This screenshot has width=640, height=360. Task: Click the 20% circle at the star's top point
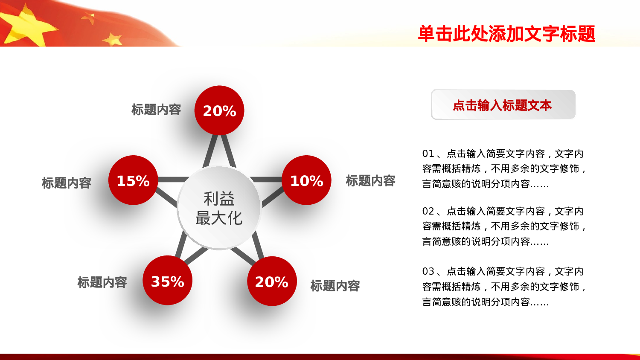219,110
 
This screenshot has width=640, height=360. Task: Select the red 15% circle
133,180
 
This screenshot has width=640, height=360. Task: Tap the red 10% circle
306,180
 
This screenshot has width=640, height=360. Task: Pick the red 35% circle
167,281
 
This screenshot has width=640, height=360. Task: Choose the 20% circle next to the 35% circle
272,281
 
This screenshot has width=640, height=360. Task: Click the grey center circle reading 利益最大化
219,208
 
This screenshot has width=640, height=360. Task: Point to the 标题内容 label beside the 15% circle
67,183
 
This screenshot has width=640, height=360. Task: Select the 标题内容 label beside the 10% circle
370,181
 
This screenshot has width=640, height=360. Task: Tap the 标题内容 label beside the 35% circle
102,282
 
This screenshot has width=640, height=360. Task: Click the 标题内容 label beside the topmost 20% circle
156,110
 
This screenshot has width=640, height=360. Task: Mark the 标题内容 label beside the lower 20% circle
335,286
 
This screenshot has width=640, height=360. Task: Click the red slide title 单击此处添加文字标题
506,34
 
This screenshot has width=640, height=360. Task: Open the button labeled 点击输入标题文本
503,105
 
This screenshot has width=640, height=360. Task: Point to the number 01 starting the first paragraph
428,154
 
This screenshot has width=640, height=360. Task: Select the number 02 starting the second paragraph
428,211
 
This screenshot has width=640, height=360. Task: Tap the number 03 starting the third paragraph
428,271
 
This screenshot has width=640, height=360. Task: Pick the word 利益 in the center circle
219,199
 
